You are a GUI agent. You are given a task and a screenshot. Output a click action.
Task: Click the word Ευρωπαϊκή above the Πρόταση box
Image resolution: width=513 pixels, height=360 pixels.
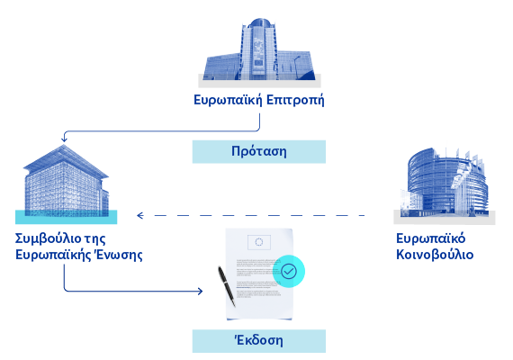pyautogui.click(x=228, y=100)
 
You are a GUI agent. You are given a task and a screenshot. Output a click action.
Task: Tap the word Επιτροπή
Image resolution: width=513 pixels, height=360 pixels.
pyautogui.click(x=295, y=100)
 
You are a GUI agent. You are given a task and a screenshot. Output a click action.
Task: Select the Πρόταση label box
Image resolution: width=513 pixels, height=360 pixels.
pyautogui.click(x=259, y=151)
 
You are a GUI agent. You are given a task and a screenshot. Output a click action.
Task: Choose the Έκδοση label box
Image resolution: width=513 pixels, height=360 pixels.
pyautogui.click(x=259, y=341)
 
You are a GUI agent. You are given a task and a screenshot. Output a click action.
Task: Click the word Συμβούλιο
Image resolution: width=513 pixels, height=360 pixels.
pyautogui.click(x=48, y=238)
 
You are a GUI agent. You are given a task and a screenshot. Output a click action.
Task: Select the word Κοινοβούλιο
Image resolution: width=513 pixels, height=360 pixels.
pyautogui.click(x=435, y=255)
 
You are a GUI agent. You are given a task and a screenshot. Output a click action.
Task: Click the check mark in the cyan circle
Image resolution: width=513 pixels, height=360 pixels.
pyautogui.click(x=289, y=271)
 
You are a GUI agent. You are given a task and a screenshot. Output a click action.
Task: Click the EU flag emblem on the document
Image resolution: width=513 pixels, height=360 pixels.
pyautogui.click(x=259, y=242)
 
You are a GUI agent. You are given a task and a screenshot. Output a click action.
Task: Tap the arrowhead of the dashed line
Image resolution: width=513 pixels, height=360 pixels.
pyautogui.click(x=140, y=215)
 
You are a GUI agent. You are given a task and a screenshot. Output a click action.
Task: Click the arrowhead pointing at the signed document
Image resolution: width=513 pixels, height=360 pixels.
pyautogui.click(x=200, y=291)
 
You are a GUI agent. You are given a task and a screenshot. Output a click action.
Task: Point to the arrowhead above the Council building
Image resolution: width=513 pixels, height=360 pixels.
pyautogui.click(x=64, y=139)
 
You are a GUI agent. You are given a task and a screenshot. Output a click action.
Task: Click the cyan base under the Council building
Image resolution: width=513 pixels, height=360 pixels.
pyautogui.click(x=66, y=217)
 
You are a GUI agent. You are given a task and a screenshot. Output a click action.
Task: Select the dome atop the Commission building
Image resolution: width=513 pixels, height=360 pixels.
pyautogui.click(x=259, y=22)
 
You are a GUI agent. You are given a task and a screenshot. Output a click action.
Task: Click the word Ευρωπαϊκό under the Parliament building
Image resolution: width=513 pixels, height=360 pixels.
pyautogui.click(x=430, y=238)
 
